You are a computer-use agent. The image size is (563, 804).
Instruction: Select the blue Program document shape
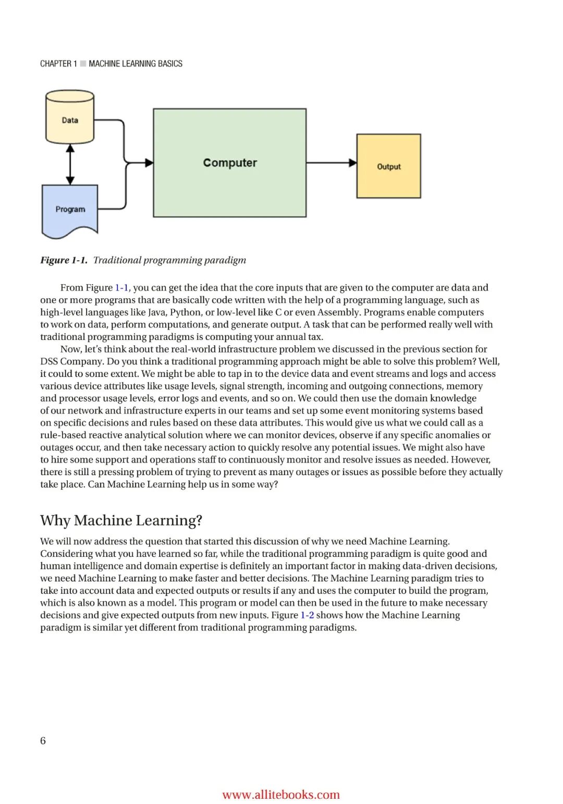70,210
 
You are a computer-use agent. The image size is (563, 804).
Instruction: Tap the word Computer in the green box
230,163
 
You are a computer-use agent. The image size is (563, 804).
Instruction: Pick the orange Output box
388,166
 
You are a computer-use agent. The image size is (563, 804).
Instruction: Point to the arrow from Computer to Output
331,163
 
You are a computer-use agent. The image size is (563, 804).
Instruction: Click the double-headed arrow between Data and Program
70,164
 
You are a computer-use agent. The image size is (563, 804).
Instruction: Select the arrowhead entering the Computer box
149,163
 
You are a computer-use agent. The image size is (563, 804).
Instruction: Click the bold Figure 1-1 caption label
64,260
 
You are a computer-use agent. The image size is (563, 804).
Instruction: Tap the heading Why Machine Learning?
121,520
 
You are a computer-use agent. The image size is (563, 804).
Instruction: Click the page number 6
43,740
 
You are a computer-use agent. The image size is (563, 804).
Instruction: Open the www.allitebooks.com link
280,795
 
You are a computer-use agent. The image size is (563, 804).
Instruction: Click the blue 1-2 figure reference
307,615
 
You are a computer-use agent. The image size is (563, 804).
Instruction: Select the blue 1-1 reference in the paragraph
121,288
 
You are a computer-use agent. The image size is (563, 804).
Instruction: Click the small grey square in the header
83,64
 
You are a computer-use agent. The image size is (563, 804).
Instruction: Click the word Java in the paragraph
155,312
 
